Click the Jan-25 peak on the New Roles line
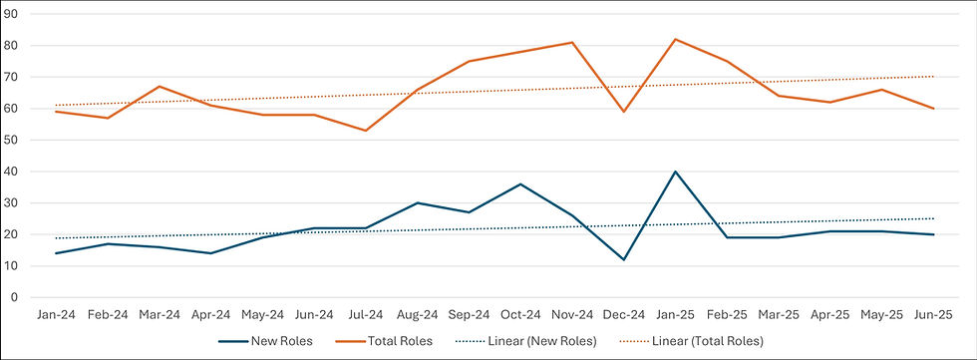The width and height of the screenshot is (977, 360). pos(676,172)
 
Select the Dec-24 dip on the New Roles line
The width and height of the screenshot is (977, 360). pos(624,259)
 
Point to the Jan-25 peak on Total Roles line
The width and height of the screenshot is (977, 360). pos(676,39)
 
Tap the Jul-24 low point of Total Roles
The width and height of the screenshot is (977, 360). pos(366,131)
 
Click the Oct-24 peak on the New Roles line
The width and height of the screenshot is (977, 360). pos(520,183)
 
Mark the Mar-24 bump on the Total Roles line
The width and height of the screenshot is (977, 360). pos(159,87)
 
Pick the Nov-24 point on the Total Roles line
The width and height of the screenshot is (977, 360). pos(572,42)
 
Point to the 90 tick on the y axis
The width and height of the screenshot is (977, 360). pos(14,14)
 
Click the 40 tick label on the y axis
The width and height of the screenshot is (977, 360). pos(14,172)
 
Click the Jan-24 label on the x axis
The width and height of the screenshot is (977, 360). pos(55,314)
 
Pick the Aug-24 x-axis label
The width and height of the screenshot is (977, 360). pos(417,314)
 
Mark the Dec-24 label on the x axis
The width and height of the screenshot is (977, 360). pos(624,314)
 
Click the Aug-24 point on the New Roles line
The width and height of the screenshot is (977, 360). pos(417,202)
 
